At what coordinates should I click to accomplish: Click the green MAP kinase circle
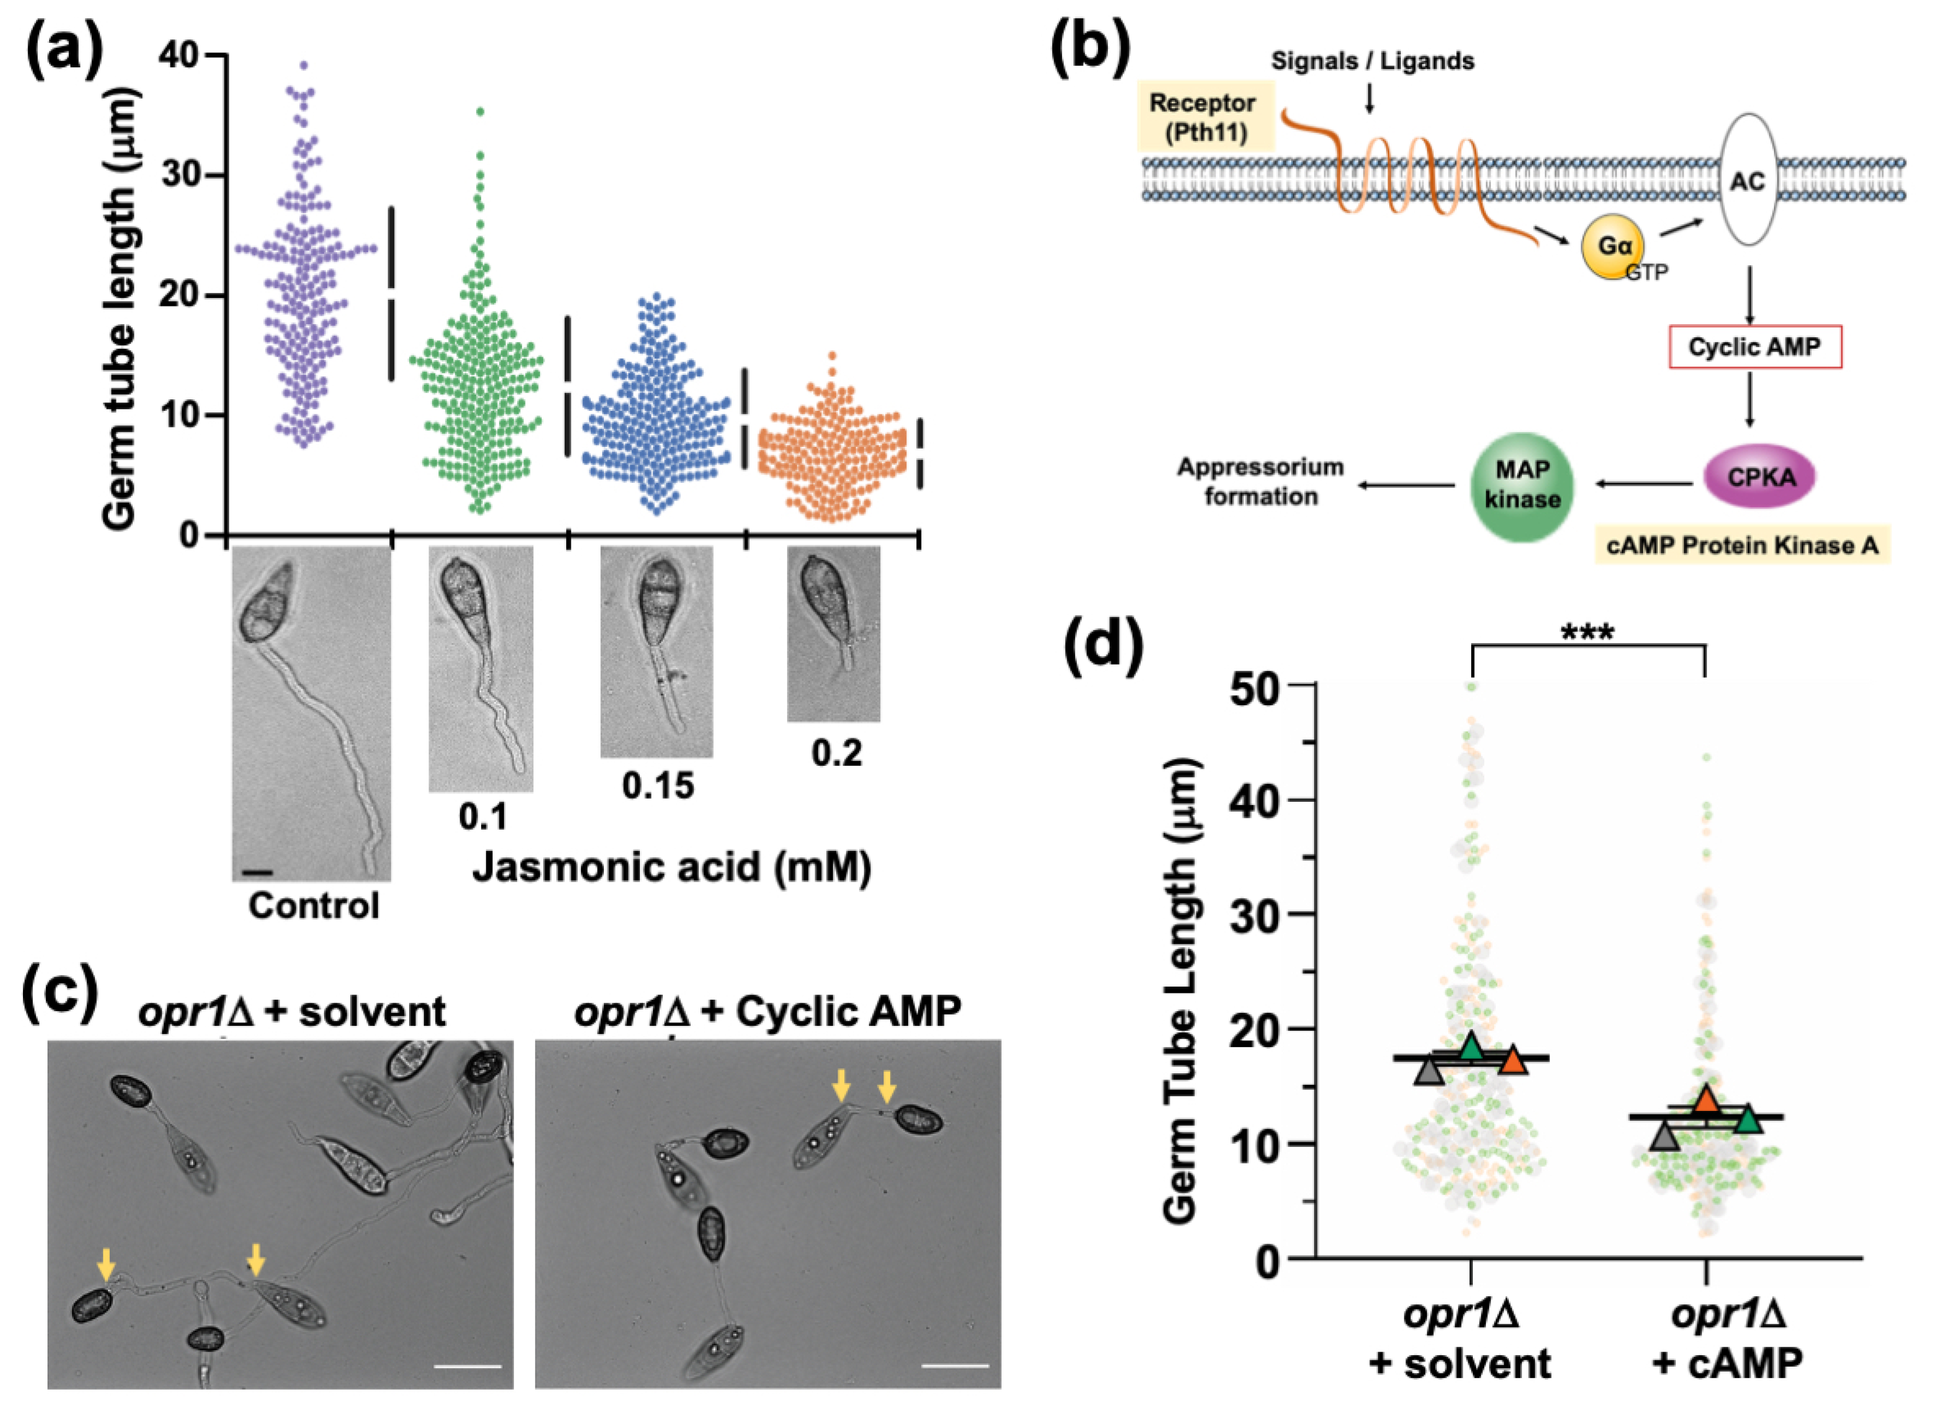1521,485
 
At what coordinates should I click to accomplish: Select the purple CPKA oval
1760,477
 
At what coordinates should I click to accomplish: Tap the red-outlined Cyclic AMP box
1755,347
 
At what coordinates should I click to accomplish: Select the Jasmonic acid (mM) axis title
672,867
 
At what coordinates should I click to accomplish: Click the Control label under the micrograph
313,905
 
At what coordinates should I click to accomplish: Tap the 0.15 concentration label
658,786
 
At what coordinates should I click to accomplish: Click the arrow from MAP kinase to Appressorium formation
1404,485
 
